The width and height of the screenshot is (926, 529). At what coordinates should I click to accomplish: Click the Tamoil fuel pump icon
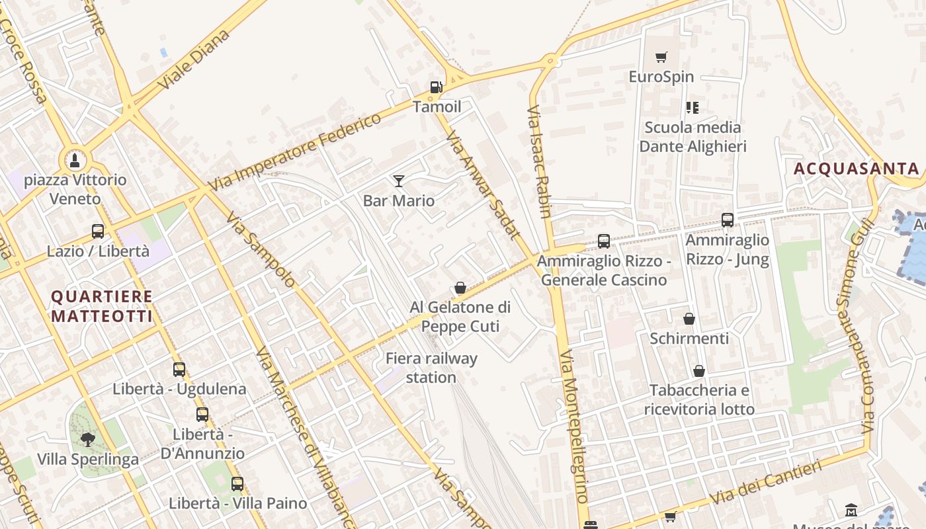pos(436,87)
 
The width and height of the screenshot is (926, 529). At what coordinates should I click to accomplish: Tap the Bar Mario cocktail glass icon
pos(399,181)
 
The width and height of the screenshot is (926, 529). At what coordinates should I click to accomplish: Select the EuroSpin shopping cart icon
pos(661,58)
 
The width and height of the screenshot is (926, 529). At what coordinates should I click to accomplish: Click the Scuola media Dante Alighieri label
pos(693,137)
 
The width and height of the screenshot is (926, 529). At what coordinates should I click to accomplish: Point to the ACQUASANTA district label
pos(857,169)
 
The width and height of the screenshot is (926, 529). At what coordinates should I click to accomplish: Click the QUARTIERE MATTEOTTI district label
pos(102,306)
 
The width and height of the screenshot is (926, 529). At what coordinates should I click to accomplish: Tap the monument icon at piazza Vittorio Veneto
pos(75,160)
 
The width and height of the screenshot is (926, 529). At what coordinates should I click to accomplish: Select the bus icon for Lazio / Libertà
pos(98,231)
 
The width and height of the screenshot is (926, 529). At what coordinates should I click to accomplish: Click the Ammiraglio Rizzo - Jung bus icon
pos(728,220)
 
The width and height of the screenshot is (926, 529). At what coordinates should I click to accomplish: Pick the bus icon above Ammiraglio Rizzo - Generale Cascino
pos(604,241)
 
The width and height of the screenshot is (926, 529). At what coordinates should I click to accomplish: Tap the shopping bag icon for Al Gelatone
pos(460,288)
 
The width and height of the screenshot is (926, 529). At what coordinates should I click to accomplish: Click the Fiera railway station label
pos(431,368)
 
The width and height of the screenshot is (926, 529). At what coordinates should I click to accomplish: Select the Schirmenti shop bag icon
pos(689,319)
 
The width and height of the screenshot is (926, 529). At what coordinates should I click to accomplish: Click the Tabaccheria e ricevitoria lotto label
pos(699,400)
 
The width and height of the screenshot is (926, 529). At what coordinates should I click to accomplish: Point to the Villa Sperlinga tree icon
pos(87,439)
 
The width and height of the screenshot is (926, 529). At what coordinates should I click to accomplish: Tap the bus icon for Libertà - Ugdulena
pos(179,370)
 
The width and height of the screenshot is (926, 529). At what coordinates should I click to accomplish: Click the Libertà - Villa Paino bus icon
pos(237,483)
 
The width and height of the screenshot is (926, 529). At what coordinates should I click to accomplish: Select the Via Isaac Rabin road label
pos(539,161)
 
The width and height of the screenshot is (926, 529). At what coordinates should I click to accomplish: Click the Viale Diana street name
pos(194,60)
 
